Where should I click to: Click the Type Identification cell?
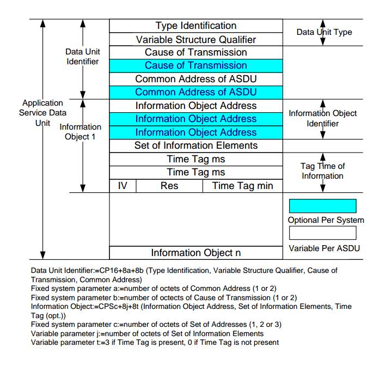196,26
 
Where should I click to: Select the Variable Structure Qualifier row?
196,39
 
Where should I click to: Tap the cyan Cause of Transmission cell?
196,65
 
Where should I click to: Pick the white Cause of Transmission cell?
196,52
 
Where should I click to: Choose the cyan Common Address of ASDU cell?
196,92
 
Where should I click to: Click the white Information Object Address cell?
196,106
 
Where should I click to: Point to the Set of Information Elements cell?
196,145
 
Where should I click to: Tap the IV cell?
122,186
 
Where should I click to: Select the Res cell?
169,186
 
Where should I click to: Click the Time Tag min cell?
243,186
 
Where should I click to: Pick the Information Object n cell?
196,253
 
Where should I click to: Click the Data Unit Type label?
324,32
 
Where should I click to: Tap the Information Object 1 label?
80,132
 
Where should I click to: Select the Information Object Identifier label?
323,118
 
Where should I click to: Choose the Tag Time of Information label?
322,171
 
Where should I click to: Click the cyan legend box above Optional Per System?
322,206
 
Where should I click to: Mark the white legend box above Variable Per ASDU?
322,233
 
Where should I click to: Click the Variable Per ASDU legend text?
324,248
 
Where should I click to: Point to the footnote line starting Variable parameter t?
155,342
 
